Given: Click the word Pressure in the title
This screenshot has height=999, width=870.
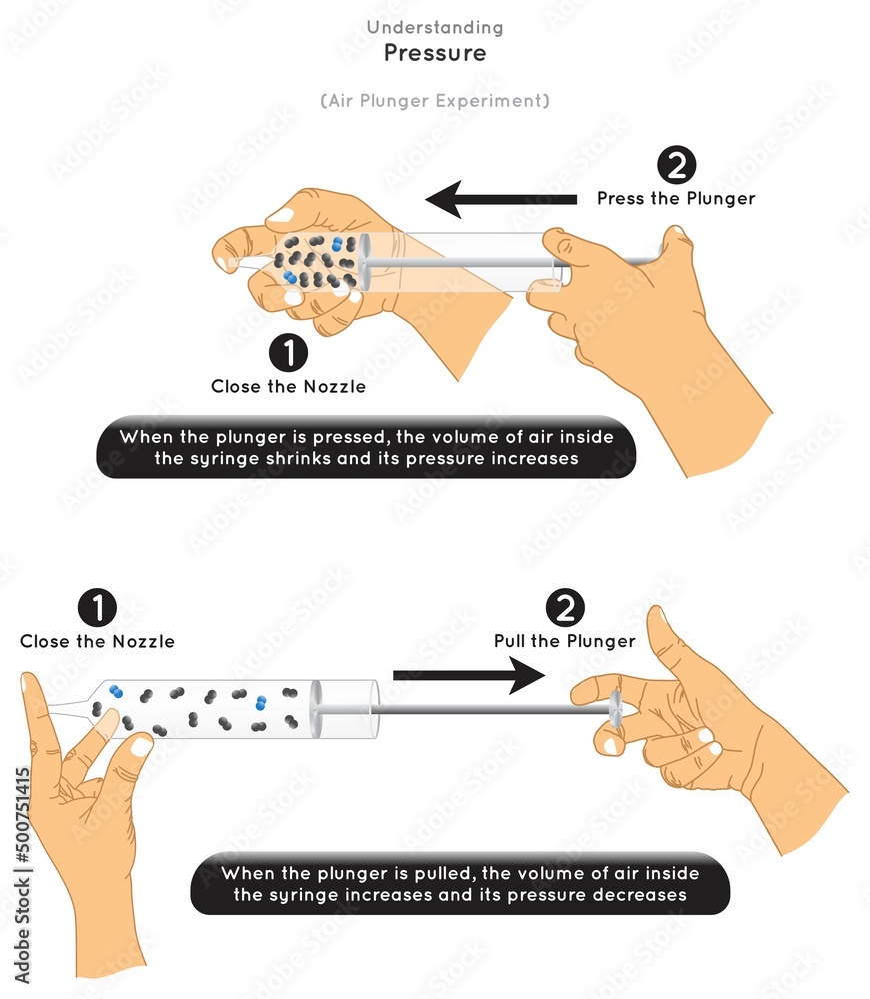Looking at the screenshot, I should point(435,53).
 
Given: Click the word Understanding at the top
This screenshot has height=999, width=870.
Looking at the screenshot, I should point(435,28).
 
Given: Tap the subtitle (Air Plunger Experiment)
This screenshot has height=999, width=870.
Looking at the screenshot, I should point(435,101).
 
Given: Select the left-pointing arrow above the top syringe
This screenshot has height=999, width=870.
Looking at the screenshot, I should point(500,199).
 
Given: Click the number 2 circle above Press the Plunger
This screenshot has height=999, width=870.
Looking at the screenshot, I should point(676,166).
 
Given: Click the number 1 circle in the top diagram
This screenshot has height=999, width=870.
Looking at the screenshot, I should point(289,353).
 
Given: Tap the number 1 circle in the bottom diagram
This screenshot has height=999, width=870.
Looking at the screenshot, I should point(97,609).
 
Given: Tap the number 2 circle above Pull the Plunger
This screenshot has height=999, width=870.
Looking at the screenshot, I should point(564,609).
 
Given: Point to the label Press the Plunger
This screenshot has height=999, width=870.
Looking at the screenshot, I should point(676,198).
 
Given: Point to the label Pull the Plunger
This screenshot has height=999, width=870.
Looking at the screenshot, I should point(564,641).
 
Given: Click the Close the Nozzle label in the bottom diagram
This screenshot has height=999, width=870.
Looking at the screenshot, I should point(97,641).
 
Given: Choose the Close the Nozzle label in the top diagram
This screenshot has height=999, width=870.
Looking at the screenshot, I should point(289,386).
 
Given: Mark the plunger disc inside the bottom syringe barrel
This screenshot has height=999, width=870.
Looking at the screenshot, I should point(317,709).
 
